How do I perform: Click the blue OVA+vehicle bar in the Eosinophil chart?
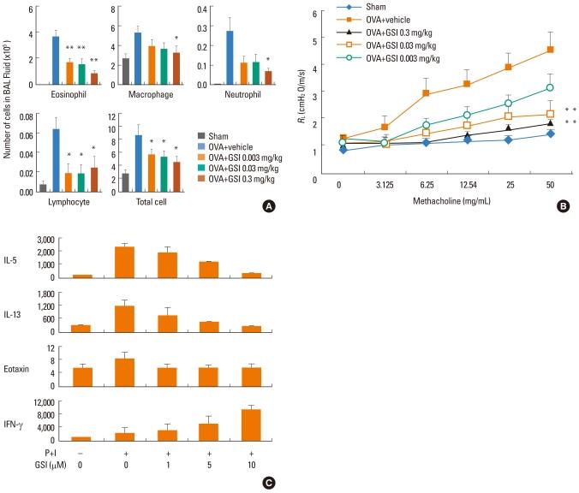point(56,61)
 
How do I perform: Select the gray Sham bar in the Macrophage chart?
point(126,71)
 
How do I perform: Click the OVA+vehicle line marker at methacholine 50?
point(550,50)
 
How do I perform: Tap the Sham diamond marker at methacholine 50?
point(550,134)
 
